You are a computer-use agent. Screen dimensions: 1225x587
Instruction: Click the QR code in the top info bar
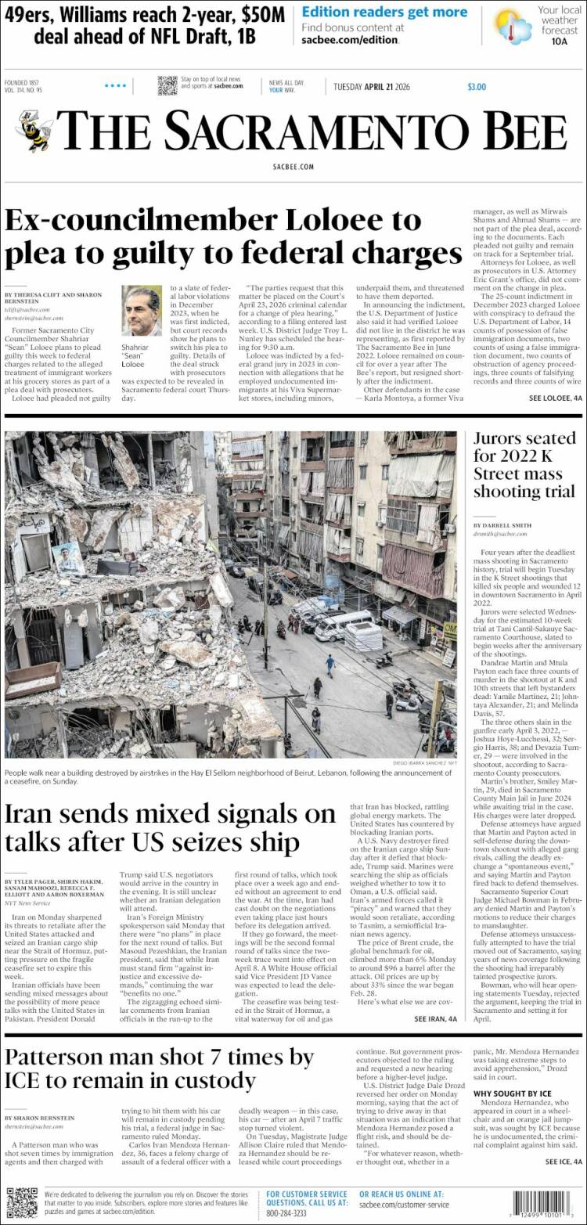pos(167,86)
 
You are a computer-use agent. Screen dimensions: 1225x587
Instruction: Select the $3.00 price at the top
pos(476,87)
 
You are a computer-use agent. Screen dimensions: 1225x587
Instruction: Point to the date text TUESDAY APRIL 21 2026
pos(372,87)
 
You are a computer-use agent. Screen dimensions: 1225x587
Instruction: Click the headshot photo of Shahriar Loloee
pos(142,311)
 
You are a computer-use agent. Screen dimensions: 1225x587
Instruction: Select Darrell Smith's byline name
pos(502,524)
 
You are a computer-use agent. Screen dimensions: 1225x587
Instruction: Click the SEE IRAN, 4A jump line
pos(435,1019)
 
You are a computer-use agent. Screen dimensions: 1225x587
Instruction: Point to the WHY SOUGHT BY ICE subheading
pos(512,1093)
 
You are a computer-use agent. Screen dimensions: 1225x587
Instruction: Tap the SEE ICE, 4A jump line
pos(564,1162)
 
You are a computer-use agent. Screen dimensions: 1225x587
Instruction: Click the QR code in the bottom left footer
pos(21,1202)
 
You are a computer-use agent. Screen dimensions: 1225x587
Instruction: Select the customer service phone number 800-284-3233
pos(288,1212)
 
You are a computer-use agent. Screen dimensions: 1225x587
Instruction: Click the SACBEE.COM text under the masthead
pos(293,167)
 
